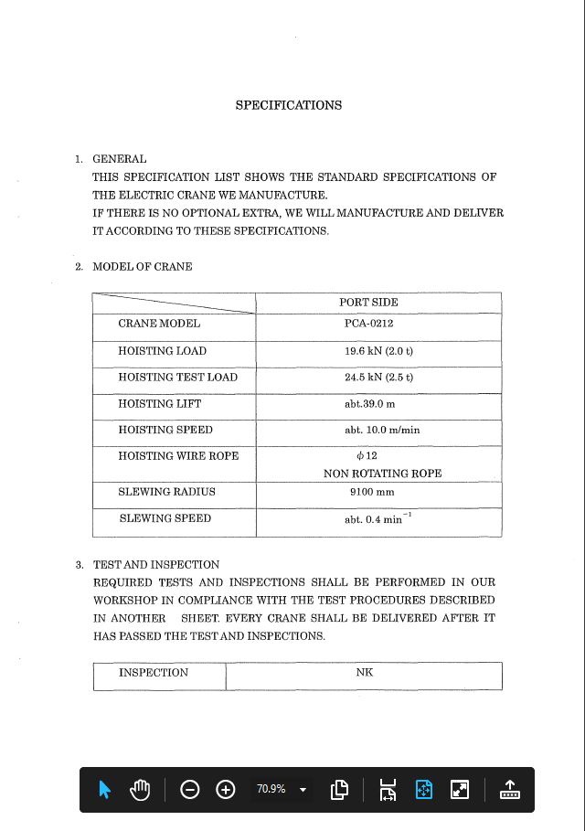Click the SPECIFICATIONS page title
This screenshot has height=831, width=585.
coord(289,105)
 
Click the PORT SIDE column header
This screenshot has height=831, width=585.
coord(368,302)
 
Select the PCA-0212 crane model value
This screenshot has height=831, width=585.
coord(368,324)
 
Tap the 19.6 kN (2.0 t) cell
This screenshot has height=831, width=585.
coord(378,351)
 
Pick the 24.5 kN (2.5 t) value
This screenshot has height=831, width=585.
coord(378,378)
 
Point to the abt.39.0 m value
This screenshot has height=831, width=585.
coord(369,404)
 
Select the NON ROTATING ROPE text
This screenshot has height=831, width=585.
coord(382,474)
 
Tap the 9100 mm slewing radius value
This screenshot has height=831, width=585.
coord(372,492)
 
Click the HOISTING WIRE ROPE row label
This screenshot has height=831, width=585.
coord(178,456)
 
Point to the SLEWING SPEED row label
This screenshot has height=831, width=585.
coord(165,518)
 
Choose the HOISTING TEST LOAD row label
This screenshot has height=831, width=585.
coord(177,378)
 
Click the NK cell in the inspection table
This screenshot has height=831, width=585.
coord(365,673)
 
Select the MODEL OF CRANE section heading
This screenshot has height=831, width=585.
coord(143,267)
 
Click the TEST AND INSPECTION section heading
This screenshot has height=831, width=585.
coord(156,565)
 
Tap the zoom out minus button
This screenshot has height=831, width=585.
coord(190,789)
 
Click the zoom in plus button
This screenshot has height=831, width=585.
coord(226,789)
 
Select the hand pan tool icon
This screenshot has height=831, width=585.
coord(140,789)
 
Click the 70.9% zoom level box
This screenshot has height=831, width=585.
coord(280,789)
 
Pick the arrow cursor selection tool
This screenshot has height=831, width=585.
coord(104,789)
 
